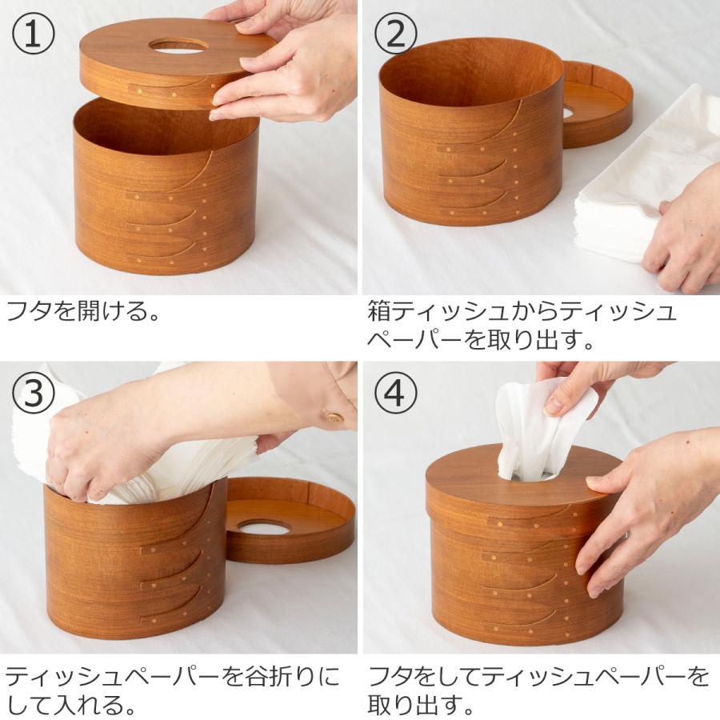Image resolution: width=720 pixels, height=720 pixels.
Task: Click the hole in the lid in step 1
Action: [178, 46]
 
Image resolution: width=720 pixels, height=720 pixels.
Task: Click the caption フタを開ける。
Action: [84, 311]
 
